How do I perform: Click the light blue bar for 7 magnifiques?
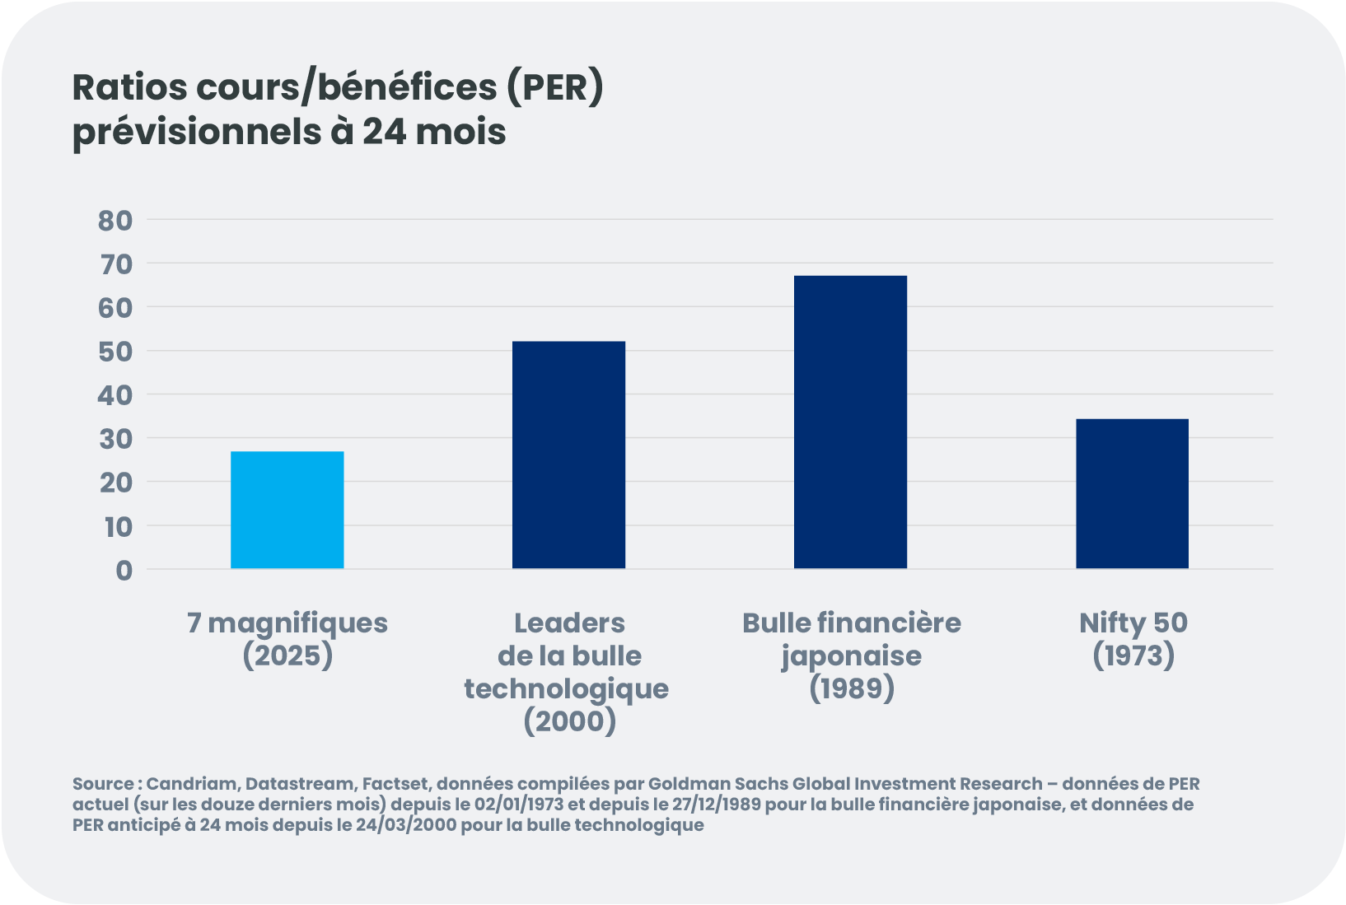pyautogui.click(x=287, y=510)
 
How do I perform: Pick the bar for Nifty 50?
pyautogui.click(x=1132, y=493)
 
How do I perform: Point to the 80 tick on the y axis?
pyautogui.click(x=115, y=220)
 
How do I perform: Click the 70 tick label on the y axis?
pyautogui.click(x=115, y=264)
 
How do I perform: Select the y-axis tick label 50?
pyautogui.click(x=115, y=352)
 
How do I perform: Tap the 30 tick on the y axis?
pyautogui.click(x=115, y=439)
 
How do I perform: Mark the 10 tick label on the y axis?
pyautogui.click(x=118, y=526)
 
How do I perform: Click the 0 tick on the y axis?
pyautogui.click(x=124, y=570)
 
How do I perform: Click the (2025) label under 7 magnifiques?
pyautogui.click(x=287, y=655)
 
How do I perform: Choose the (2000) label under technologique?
pyautogui.click(x=569, y=721)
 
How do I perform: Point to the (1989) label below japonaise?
pyautogui.click(x=851, y=688)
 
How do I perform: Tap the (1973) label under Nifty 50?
pyautogui.click(x=1133, y=655)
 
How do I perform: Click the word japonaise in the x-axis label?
pyautogui.click(x=851, y=655)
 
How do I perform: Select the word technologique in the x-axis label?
pyautogui.click(x=567, y=688)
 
